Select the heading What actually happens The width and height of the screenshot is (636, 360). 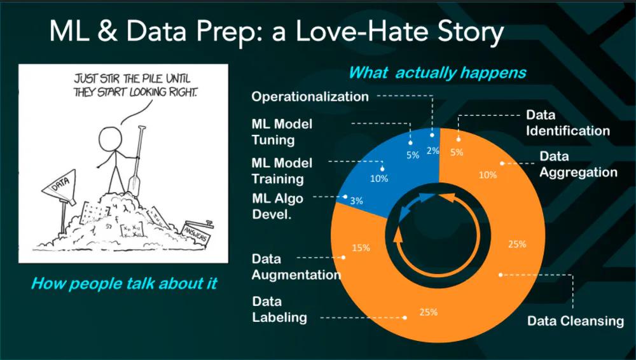point(438,73)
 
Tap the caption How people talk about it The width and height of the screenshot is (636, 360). point(124,283)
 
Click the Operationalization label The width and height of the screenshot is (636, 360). point(310,97)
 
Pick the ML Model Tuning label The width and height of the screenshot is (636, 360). point(282,132)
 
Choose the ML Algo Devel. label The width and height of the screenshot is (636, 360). point(277,206)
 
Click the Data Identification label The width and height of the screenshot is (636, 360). point(567,123)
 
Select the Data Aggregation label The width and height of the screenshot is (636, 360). point(578,164)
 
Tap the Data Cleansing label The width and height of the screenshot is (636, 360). point(575,321)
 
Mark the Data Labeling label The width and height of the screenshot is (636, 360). point(279,309)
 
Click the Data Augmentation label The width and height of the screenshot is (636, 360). point(296,267)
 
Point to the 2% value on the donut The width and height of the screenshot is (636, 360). point(433,151)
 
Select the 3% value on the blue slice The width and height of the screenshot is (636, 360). point(356,201)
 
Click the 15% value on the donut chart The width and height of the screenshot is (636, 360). point(361,247)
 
